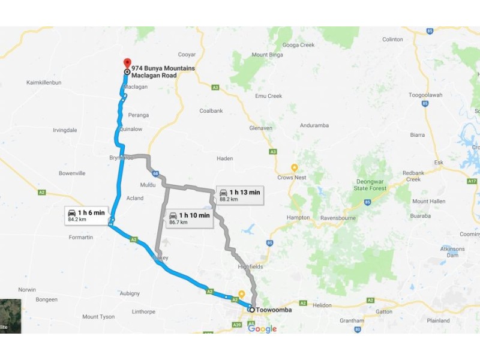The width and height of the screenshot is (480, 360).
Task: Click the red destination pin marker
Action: coord(127,63)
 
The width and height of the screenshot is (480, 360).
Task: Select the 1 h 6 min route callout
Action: coord(86,215)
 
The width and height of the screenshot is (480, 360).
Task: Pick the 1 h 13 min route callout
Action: coord(239,195)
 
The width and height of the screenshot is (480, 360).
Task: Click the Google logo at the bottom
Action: coord(262,328)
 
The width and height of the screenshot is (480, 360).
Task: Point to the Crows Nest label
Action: coord(292,178)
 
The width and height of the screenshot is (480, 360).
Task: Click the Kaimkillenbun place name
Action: coord(44,82)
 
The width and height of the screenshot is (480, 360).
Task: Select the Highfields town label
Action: coord(251,266)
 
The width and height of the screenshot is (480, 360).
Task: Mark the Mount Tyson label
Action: coord(98,317)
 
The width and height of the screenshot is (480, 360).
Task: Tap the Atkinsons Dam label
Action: coord(452,252)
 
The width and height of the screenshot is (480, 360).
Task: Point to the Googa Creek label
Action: coord(298,45)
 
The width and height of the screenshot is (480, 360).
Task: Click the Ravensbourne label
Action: coord(340,217)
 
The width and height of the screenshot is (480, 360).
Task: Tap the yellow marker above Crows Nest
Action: coord(295,167)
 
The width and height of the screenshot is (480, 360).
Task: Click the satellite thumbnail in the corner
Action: coord(10,316)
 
